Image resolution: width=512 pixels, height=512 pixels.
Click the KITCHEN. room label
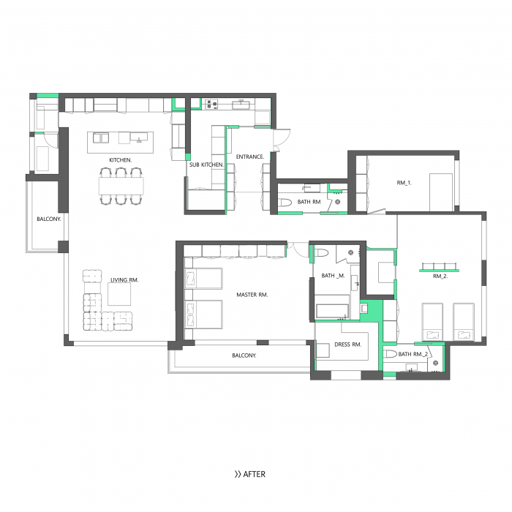[x=121, y=160]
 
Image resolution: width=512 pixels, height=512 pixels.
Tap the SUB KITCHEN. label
[x=206, y=165]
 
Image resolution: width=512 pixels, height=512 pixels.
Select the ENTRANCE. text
[x=250, y=157]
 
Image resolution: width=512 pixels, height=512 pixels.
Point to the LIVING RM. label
[x=124, y=280]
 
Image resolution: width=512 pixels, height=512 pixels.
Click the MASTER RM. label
[x=252, y=295]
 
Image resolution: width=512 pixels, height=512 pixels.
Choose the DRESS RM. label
[x=348, y=345]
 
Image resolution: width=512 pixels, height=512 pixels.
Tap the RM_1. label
[x=404, y=183]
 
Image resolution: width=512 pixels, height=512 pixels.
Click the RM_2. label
[x=440, y=276]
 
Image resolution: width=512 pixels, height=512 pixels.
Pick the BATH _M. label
[x=333, y=276]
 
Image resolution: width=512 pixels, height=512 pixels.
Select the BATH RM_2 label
[x=413, y=354]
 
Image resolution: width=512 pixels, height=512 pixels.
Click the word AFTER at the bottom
[x=255, y=474]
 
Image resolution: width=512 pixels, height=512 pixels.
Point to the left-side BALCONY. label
[x=49, y=219]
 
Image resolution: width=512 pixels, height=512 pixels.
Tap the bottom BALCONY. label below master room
[x=244, y=355]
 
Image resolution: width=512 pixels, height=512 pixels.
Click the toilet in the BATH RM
[x=285, y=203]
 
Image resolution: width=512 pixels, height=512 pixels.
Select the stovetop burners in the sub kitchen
[x=211, y=105]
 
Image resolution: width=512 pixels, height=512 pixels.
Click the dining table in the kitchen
[x=121, y=186]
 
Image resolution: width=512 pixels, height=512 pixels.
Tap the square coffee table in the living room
[x=119, y=294]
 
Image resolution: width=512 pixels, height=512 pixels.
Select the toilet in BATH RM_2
[x=390, y=353]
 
